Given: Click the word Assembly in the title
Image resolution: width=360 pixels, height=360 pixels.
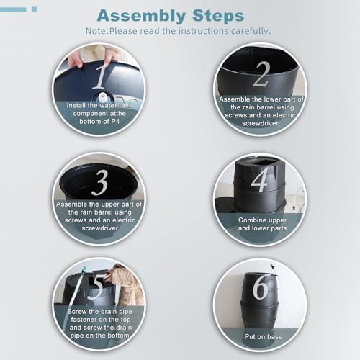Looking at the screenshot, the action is pyautogui.click(x=141, y=16).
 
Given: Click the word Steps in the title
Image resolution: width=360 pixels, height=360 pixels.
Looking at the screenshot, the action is pyautogui.click(x=218, y=15).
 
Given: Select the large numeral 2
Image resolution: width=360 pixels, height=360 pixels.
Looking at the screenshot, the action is pyautogui.click(x=261, y=74).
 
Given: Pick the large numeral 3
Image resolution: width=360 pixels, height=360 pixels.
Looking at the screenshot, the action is pyautogui.click(x=99, y=182).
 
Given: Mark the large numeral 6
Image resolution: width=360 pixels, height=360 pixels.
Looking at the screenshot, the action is pyautogui.click(x=261, y=287).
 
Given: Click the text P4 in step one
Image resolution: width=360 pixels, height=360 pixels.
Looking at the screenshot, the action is pyautogui.click(x=115, y=122).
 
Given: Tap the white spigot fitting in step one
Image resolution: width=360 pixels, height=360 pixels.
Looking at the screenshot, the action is pyautogui.click(x=103, y=97).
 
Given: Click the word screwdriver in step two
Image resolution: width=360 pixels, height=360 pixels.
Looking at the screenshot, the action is pyautogui.click(x=260, y=123).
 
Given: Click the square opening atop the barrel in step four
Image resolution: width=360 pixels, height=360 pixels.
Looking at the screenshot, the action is pyautogui.click(x=261, y=163).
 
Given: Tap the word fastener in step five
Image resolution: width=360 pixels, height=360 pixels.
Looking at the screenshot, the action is pyautogui.click(x=84, y=320).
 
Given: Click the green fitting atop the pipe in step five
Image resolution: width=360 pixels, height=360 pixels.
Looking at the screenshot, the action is pyautogui.click(x=84, y=270).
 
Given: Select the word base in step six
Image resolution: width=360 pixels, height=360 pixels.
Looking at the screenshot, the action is pyautogui.click(x=275, y=337).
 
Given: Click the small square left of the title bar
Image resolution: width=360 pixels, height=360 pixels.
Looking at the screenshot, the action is pyautogui.click(x=35, y=9).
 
